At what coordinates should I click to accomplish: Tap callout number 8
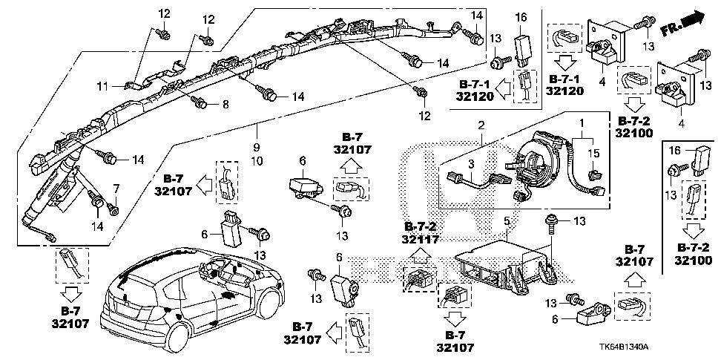pyautogui.click(x=226, y=104)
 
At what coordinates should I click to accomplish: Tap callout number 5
pyautogui.click(x=506, y=220)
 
